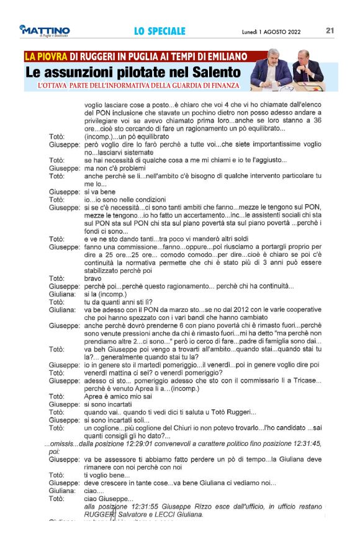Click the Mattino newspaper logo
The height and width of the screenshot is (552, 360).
tap(44, 31)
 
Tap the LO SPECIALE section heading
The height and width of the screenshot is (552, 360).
tap(160, 31)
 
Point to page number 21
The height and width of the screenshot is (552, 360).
tap(330, 30)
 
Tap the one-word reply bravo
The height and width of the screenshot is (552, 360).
tap(92, 279)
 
